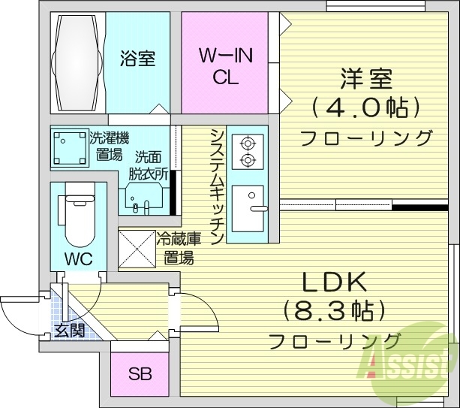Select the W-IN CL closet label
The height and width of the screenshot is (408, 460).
[x=224, y=66]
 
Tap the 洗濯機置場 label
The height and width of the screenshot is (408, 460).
[x=109, y=147]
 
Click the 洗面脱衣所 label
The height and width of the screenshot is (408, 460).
[x=149, y=165]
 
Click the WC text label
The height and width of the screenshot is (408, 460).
[x=78, y=260]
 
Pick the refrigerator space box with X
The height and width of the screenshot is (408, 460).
[x=136, y=247]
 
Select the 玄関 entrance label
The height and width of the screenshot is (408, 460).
[x=68, y=329]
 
